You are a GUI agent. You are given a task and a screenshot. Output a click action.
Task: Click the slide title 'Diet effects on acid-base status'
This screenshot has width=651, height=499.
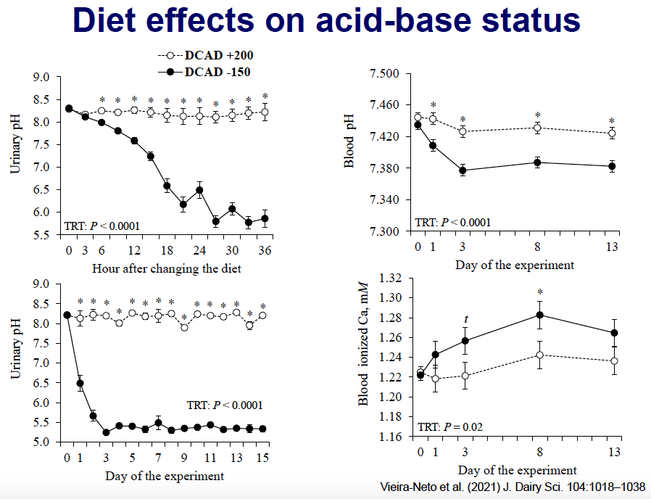coord(326,22)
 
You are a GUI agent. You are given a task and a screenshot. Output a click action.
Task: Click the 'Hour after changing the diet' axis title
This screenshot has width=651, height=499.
coord(166,268)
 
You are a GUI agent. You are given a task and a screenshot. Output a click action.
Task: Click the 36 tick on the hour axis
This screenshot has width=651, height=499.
coord(265,250)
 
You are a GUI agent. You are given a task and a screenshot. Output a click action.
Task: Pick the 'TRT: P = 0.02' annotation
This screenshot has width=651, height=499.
coord(449,426)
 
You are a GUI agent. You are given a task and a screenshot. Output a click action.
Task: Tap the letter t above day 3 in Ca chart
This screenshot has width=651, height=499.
coord(465,318)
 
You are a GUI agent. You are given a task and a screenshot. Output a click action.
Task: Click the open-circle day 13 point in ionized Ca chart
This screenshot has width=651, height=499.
coord(614,361)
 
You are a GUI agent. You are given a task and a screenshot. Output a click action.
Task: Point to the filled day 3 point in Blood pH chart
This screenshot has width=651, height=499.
coord(463,170)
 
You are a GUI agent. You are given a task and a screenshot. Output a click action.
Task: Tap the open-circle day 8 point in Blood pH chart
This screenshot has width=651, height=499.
coord(537,128)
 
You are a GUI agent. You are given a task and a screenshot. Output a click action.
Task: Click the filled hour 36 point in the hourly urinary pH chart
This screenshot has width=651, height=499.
coord(265,218)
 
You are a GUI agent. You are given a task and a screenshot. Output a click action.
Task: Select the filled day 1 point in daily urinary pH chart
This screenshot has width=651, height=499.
coord(80,383)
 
